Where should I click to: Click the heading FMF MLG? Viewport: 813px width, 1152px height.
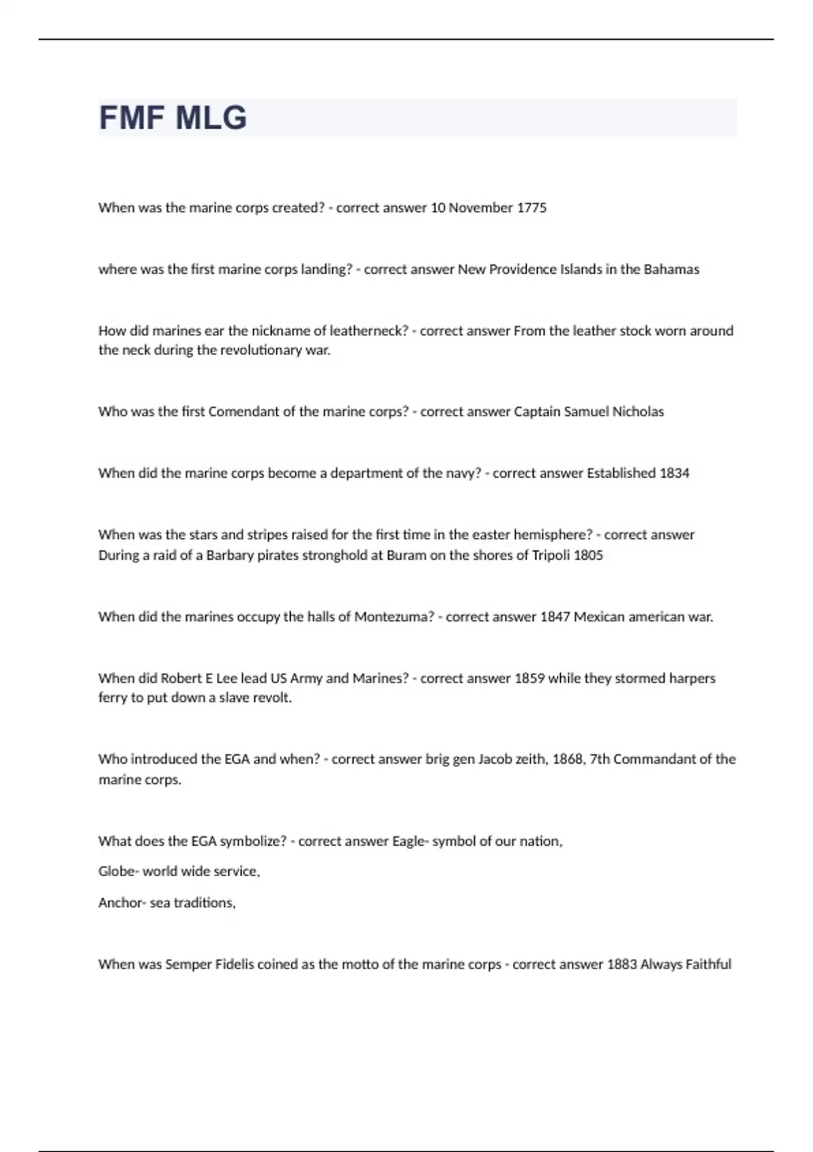click(173, 118)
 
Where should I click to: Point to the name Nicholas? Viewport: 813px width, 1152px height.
click(638, 412)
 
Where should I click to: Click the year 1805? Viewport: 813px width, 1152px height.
click(588, 556)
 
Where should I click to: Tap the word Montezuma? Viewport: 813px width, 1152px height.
click(394, 617)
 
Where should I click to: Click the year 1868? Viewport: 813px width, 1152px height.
click(568, 760)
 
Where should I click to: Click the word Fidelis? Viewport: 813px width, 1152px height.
click(234, 964)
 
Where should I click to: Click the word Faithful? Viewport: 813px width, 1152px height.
click(708, 964)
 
